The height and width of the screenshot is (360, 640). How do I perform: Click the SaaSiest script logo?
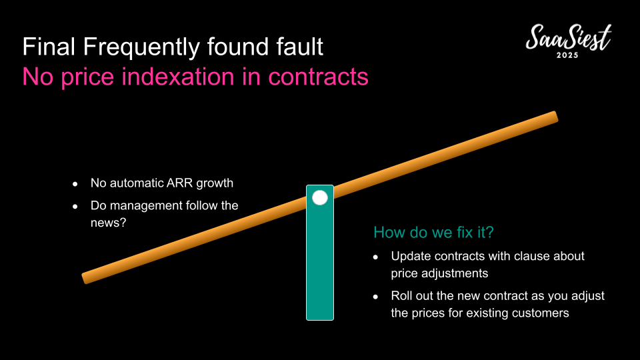568,37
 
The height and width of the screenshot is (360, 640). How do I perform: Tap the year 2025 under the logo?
567,55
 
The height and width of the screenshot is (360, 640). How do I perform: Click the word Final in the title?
49,46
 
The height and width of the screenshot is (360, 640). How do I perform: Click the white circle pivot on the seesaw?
320,198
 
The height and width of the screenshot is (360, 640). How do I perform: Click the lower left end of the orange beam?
85,278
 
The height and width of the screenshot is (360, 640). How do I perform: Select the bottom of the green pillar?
320,319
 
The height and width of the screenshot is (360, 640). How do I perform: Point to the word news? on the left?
109,223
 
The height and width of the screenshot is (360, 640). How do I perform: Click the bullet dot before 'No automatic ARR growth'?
75,184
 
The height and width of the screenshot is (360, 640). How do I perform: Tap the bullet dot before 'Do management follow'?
75,207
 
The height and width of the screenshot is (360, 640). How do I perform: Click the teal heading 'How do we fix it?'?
433,232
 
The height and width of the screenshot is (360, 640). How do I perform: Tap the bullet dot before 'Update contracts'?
375,257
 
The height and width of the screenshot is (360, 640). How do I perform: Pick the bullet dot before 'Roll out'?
375,297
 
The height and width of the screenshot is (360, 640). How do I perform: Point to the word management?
147,205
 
